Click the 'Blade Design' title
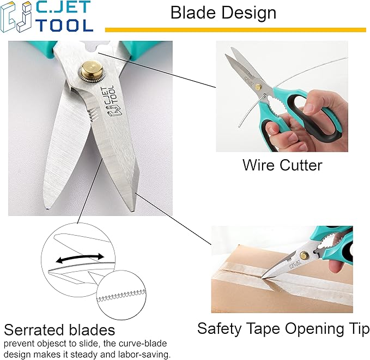(223, 13)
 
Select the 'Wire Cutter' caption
(282, 165)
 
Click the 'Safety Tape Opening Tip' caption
(283, 329)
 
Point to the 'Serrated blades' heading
(59, 329)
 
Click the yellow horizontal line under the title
(235, 29)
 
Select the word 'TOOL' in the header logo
(65, 25)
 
